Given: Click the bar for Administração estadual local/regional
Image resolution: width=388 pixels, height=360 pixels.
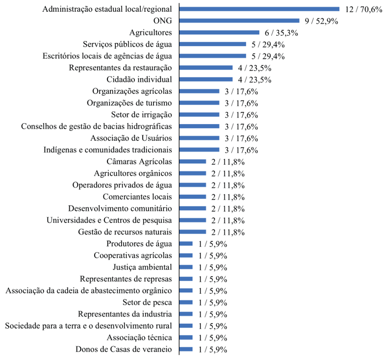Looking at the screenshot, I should pyautogui.click(x=259, y=9).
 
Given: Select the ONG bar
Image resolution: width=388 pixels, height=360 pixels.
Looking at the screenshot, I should pyautogui.click(x=239, y=21).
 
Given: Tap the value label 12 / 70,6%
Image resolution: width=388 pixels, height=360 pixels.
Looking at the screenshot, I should pyautogui.click(x=363, y=9).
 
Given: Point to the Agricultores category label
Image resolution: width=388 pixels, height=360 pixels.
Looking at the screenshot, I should pyautogui.click(x=151, y=32).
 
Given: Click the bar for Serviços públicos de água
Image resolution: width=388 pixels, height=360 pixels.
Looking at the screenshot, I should pyautogui.click(x=213, y=44).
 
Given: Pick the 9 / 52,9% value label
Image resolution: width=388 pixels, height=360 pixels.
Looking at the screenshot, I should pyautogui.click(x=321, y=21).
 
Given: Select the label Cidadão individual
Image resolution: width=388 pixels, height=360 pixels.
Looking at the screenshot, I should pyautogui.click(x=139, y=79).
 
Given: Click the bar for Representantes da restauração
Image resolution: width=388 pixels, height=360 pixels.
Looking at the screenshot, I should pyautogui.click(x=206, y=68).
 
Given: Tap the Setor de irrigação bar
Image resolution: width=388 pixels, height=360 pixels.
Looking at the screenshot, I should pyautogui.click(x=199, y=115).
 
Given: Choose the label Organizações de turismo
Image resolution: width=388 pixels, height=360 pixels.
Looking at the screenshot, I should pyautogui.click(x=129, y=103).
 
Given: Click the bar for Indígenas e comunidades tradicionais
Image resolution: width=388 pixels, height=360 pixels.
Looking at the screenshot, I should pyautogui.click(x=199, y=150).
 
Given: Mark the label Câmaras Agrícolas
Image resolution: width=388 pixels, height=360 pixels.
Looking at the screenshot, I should pyautogui.click(x=139, y=161).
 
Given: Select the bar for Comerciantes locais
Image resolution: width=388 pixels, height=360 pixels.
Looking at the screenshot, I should pyautogui.click(x=193, y=197).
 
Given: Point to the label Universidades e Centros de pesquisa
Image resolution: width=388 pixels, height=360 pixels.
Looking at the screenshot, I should pyautogui.click(x=109, y=220).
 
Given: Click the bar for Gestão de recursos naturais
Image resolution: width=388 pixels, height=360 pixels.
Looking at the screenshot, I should pyautogui.click(x=193, y=232).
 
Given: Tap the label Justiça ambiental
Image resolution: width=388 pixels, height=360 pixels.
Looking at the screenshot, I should pyautogui.click(x=142, y=267).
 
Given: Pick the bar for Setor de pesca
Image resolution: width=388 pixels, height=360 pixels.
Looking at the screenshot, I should pyautogui.click(x=186, y=302).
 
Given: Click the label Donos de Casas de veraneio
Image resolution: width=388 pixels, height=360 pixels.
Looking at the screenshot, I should pyautogui.click(x=124, y=349).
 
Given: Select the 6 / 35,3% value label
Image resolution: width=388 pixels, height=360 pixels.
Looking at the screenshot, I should pyautogui.click(x=281, y=32).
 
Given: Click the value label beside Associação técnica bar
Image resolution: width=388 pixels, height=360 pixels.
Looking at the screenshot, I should pyautogui.click(x=212, y=337).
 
